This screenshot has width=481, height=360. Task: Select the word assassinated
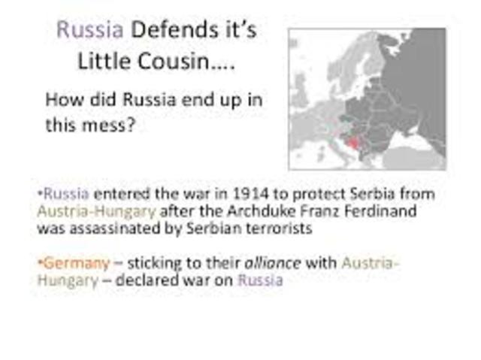(x=110, y=229)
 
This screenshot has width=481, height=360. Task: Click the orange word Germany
(x=74, y=263)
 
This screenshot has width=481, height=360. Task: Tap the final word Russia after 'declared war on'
(x=260, y=281)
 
